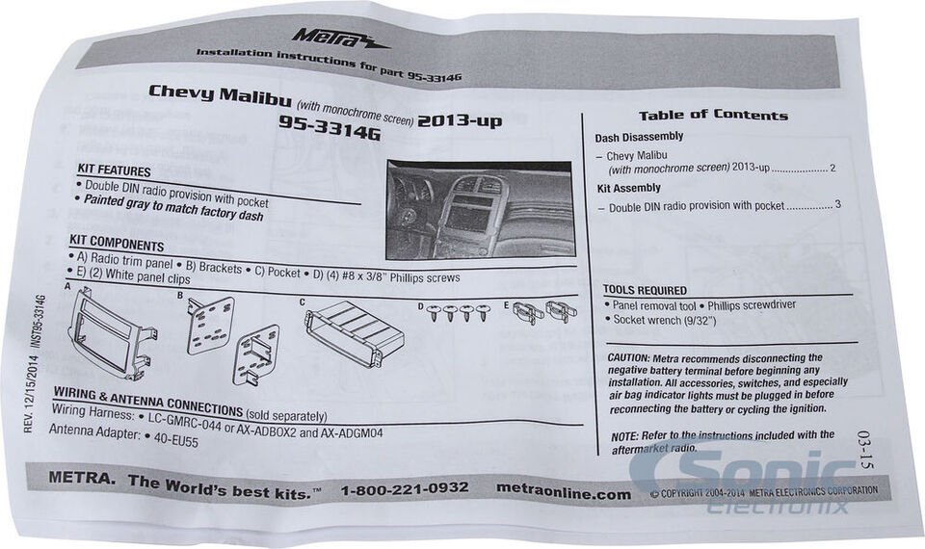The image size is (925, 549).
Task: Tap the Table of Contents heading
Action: pyautogui.click(x=713, y=116)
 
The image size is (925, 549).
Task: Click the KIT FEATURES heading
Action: pyautogui.click(x=114, y=170)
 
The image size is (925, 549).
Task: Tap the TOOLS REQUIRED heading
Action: pyautogui.click(x=645, y=290)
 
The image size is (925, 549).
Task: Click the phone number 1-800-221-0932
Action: pyautogui.click(x=404, y=488)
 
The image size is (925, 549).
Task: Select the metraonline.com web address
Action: pyautogui.click(x=564, y=493)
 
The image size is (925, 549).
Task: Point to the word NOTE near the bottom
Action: pyautogui.click(x=624, y=435)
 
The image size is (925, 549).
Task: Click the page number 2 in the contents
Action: pyautogui.click(x=832, y=169)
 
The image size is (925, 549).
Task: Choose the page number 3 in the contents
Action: pyautogui.click(x=838, y=205)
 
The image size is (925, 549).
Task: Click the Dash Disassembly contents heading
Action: pyautogui.click(x=639, y=138)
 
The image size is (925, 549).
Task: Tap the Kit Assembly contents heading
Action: pyautogui.click(x=629, y=189)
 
